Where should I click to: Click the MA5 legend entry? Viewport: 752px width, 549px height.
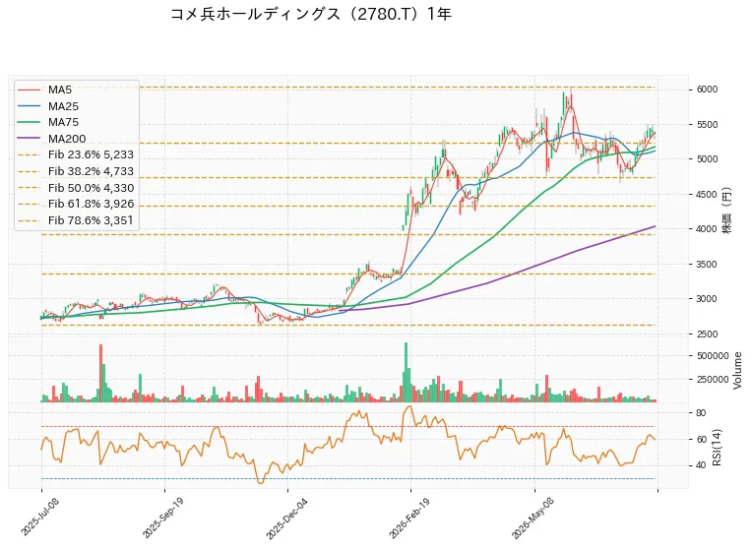pos(44,90)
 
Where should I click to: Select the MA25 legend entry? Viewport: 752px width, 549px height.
pos(47,106)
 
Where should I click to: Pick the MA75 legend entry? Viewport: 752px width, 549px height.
pos(47,122)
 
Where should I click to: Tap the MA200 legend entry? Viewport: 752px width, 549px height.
pos(51,139)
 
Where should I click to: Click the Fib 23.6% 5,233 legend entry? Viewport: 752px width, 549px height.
pos(75,154)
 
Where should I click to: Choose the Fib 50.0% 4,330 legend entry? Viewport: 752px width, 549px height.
pos(75,188)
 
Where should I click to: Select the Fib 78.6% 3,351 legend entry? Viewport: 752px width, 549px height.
pos(75,220)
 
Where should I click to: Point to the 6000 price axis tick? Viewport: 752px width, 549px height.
pos(707,90)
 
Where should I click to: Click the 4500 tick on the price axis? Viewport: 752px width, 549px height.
pos(707,194)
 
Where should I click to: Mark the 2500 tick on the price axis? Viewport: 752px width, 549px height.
pos(707,334)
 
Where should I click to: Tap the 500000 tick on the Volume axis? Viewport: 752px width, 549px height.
pos(713,356)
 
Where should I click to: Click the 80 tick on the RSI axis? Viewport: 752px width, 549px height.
pos(701,413)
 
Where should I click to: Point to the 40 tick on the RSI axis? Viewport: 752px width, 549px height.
pos(701,465)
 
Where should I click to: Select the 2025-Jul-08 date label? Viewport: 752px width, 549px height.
pos(38,518)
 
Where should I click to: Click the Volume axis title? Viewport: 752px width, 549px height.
pos(737,371)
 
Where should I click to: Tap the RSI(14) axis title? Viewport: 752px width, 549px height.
pos(718,448)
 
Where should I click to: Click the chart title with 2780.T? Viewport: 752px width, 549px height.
pos(311,15)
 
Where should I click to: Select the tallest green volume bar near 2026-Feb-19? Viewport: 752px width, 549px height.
pos(406,372)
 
